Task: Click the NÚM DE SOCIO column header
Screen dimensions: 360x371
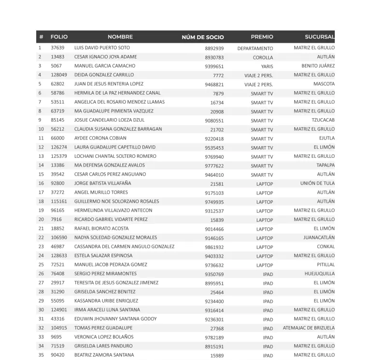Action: (x=202, y=37)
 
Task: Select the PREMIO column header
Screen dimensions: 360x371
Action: (x=262, y=37)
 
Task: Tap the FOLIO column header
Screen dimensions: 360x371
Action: (x=59, y=37)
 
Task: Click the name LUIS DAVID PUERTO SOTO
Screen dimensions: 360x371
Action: (x=102, y=48)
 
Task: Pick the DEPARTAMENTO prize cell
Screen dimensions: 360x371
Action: (x=255, y=49)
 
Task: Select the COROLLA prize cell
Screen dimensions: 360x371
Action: (x=263, y=57)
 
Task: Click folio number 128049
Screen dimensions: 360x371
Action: (x=59, y=75)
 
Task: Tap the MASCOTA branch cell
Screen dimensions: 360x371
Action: (x=324, y=84)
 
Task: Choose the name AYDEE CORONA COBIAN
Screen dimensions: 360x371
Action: (x=100, y=138)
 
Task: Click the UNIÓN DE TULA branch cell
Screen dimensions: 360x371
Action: (x=317, y=183)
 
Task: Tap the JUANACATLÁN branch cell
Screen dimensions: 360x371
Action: (x=319, y=238)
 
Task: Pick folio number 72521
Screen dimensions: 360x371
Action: (x=57, y=265)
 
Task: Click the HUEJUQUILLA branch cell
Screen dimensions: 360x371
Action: (x=319, y=274)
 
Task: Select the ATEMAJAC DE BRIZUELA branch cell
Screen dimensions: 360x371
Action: (x=309, y=328)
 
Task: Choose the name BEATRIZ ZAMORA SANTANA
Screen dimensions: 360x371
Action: (x=103, y=355)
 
